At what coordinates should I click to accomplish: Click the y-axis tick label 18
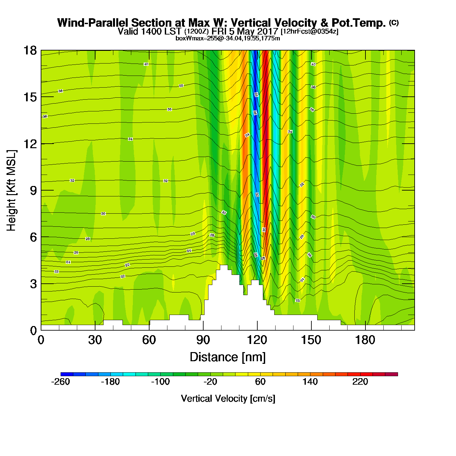30,50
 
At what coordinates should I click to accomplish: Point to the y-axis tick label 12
30,144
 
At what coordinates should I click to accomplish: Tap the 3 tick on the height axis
33,284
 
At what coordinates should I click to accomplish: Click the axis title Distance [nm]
228,357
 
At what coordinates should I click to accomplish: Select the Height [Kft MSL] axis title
11,191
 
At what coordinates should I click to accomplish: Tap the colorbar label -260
61,382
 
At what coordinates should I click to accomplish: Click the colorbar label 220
360,382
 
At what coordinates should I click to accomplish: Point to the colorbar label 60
260,382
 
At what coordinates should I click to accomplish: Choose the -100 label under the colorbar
160,382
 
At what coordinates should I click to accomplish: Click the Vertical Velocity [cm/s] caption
228,399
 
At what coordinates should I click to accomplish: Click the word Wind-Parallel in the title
94,23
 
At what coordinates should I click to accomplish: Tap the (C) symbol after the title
394,22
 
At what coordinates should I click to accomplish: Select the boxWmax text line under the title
228,38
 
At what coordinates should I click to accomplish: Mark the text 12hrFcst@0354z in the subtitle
309,32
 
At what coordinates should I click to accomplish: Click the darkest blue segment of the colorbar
67,374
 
